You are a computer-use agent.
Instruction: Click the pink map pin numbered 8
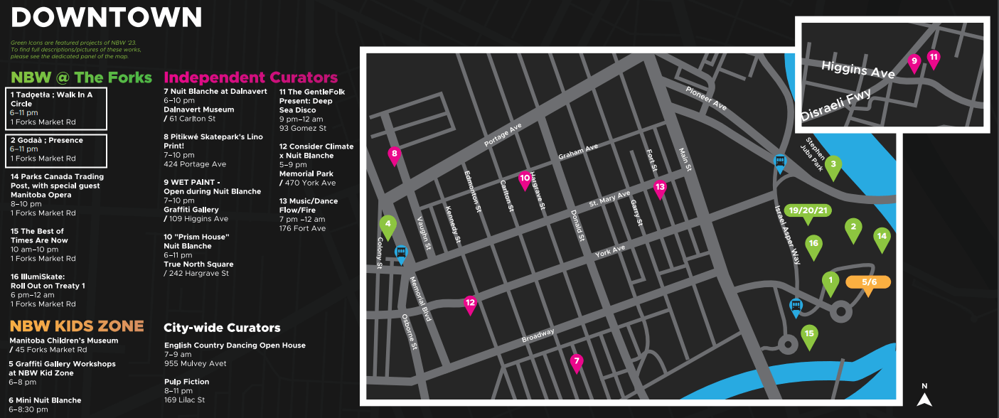tap(394, 155)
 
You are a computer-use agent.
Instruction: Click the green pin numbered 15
tap(808, 336)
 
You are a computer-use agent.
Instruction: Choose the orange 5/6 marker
tap(868, 282)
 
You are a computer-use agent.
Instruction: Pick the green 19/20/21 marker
tap(809, 211)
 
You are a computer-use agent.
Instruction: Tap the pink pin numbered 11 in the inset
tap(934, 59)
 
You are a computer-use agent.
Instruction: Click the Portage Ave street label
tap(503, 134)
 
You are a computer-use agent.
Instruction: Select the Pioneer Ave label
tap(706, 98)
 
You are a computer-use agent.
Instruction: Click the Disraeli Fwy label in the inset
tap(836, 105)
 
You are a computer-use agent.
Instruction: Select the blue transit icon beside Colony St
tap(401, 254)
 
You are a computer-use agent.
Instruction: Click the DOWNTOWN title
tap(107, 16)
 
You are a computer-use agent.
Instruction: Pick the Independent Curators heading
tap(250, 77)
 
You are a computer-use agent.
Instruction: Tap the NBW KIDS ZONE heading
tap(77, 326)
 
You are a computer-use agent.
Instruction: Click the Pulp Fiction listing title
tap(186, 382)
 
